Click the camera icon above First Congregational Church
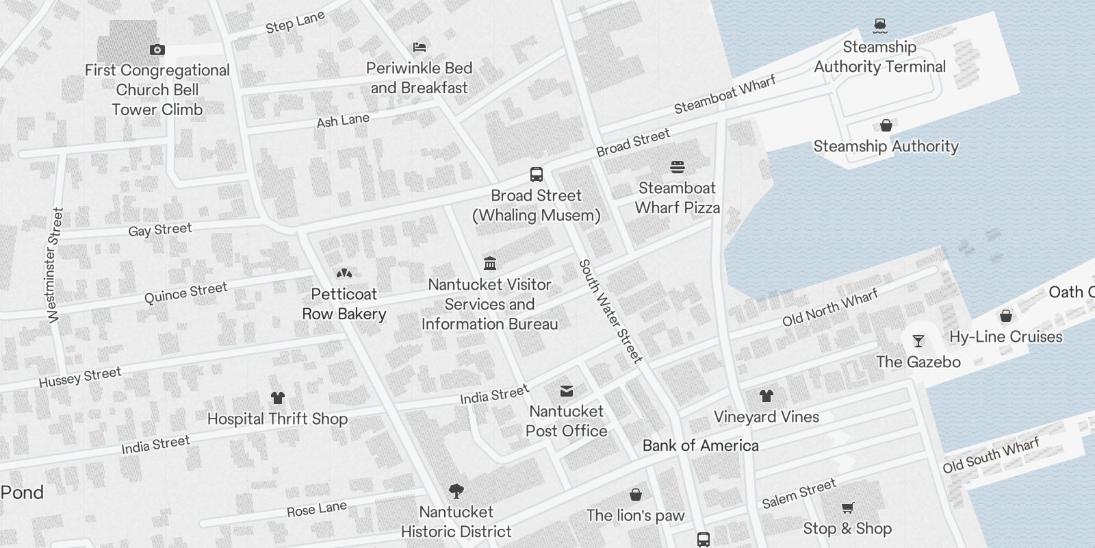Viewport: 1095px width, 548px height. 157,49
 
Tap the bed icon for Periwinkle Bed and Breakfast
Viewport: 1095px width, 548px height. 420,47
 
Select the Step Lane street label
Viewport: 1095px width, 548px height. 295,23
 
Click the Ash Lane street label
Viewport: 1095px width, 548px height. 343,121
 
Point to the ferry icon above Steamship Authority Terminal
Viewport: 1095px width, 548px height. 880,26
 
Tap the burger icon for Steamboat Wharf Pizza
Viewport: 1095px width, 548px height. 678,166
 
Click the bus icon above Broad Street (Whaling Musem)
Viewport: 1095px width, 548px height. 537,175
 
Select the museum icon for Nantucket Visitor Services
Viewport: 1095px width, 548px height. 490,263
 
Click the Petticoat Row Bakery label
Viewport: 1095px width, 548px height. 344,304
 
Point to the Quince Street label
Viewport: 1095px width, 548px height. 185,292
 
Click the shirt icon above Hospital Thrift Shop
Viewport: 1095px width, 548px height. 277,397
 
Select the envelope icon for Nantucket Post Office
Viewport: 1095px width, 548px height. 567,391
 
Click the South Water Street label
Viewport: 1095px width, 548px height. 610,311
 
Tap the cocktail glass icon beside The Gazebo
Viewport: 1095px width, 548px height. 918,340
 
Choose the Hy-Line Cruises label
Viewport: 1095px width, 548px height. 1005,336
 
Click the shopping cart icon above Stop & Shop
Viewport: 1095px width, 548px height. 848,508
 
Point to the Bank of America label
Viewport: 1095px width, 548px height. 700,445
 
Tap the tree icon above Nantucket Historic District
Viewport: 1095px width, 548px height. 456,490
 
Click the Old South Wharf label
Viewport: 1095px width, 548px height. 991,456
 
